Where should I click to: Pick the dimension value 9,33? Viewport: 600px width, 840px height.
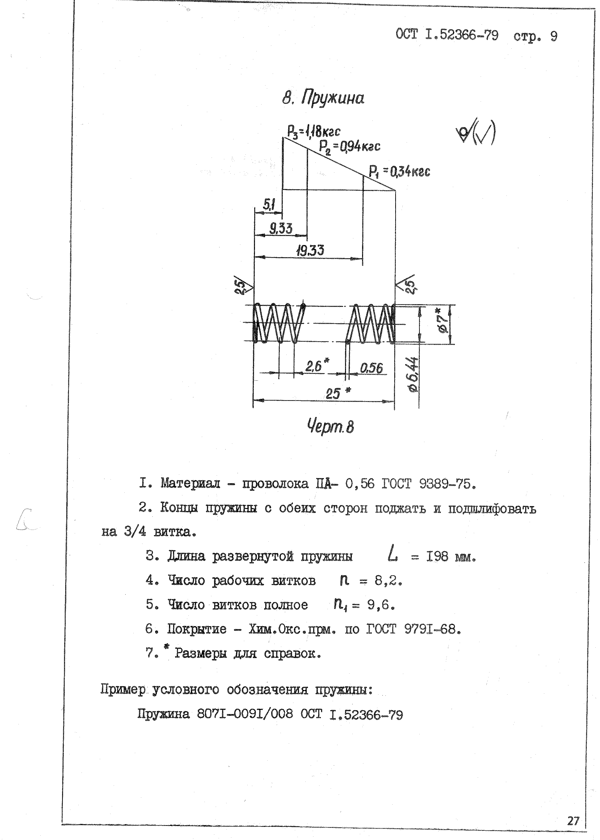[x=281, y=228]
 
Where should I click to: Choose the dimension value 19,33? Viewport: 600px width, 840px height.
[x=310, y=251]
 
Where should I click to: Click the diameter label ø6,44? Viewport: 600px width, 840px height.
[x=413, y=374]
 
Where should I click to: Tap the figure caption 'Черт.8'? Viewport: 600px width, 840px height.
[x=330, y=427]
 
